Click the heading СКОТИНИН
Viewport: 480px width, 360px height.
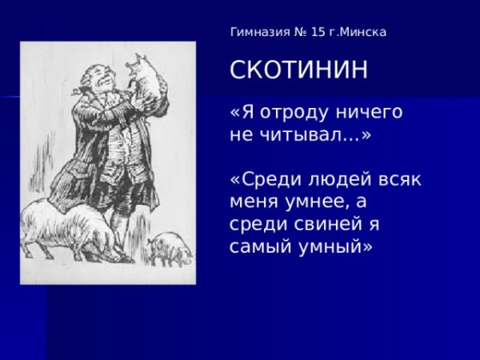(x=299, y=70)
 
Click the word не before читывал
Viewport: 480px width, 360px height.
(x=241, y=135)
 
